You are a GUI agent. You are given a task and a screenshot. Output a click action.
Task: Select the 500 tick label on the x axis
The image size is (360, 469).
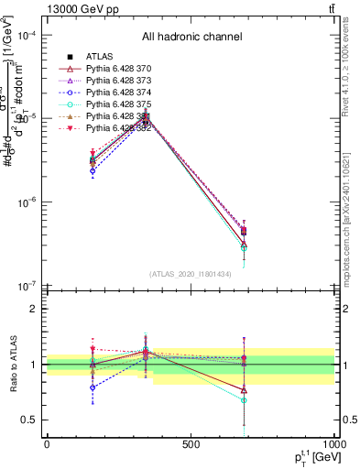tap(191, 443)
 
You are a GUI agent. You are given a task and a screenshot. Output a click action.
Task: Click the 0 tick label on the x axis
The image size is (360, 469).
tap(47, 443)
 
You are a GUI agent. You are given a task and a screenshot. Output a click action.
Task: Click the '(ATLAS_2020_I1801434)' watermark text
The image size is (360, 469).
tap(191, 275)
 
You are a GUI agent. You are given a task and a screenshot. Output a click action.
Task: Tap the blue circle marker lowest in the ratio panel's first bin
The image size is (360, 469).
tap(93, 387)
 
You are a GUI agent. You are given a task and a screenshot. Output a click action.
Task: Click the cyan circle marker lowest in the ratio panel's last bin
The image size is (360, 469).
tap(244, 400)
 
